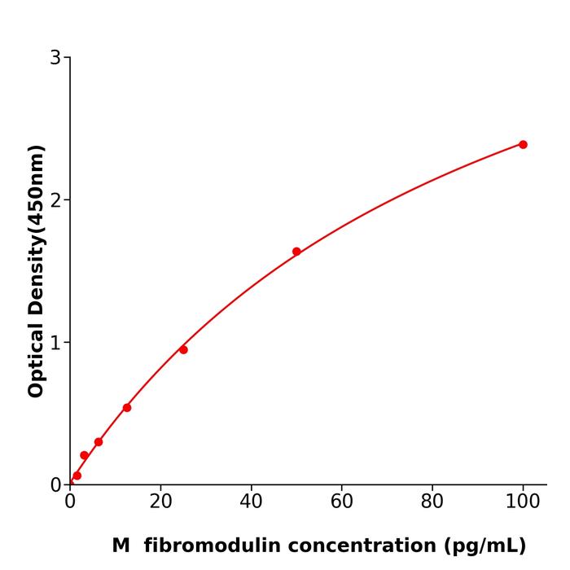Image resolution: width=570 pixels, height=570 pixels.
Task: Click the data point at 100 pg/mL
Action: click(x=523, y=144)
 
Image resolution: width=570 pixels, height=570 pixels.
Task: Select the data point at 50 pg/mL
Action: click(x=296, y=252)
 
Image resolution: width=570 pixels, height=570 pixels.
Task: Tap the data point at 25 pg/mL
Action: click(x=183, y=349)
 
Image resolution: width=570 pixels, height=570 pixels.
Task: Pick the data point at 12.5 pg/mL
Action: click(x=127, y=407)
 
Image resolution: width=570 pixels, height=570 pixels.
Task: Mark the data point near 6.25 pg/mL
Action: click(x=99, y=442)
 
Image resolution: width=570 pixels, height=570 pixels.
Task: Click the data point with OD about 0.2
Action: click(x=85, y=455)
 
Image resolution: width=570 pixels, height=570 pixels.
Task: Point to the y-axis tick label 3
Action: click(x=55, y=58)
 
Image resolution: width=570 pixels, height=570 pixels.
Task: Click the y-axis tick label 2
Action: click(x=55, y=200)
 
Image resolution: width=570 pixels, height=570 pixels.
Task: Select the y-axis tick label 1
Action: click(x=55, y=343)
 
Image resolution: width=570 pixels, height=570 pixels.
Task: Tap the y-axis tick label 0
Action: click(x=55, y=485)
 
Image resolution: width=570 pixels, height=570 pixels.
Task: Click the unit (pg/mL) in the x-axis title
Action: click(x=484, y=546)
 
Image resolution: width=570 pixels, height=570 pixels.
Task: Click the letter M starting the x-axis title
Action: click(x=121, y=546)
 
